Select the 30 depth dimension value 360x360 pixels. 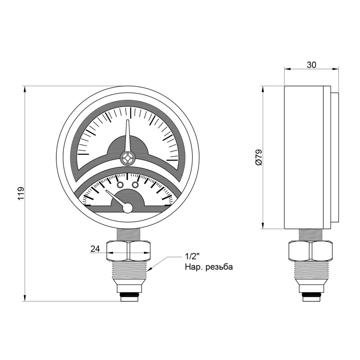(x=311, y=65)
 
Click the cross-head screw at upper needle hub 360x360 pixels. (x=128, y=157)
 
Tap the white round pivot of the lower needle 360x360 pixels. (x=128, y=208)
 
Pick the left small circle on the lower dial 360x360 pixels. (x=120, y=184)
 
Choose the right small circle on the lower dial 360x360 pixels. (x=135, y=184)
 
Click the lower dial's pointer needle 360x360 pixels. (x=116, y=198)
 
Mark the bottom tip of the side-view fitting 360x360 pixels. (x=310, y=298)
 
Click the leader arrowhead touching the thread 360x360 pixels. (x=152, y=269)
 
